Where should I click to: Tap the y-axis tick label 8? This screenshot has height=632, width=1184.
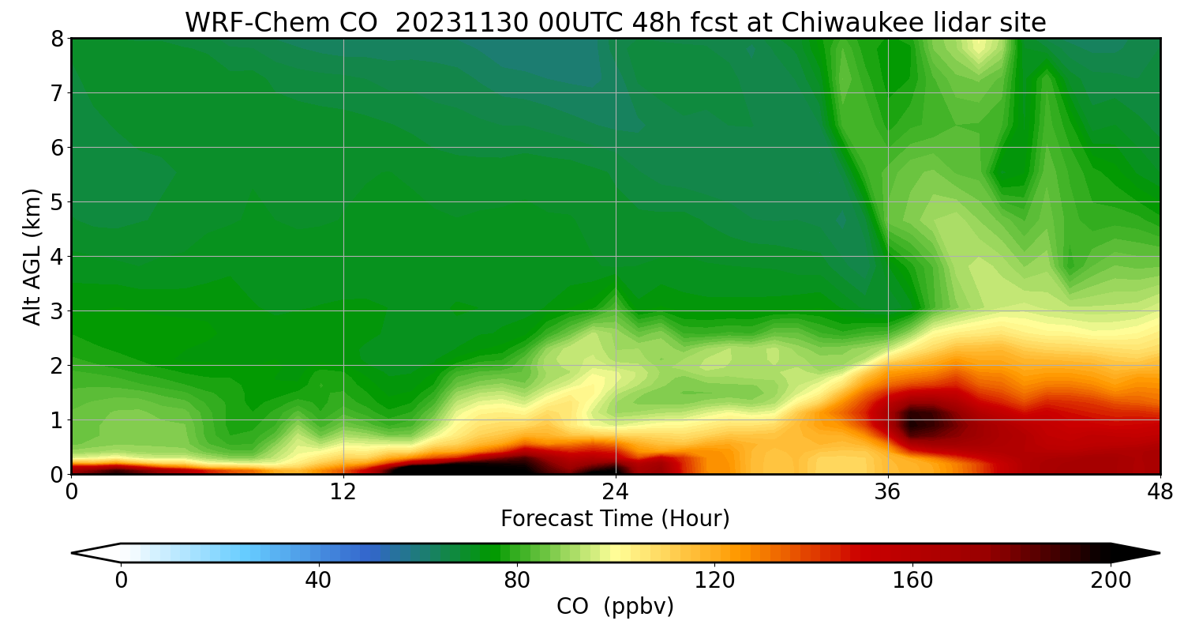[x=56, y=39]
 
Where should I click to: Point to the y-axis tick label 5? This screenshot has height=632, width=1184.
[x=56, y=202]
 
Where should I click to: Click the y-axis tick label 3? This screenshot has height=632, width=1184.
[x=56, y=311]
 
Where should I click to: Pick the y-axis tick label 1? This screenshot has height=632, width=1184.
[x=56, y=420]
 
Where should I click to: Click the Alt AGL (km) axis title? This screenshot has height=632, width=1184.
[x=32, y=256]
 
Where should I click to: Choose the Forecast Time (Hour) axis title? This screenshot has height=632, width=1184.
[x=615, y=519]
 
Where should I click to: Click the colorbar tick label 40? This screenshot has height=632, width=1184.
[x=318, y=581]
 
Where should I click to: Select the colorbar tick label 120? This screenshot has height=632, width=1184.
[x=714, y=581]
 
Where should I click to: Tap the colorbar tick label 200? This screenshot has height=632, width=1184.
[x=1111, y=581]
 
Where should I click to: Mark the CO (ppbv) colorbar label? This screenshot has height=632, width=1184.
[x=615, y=607]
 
